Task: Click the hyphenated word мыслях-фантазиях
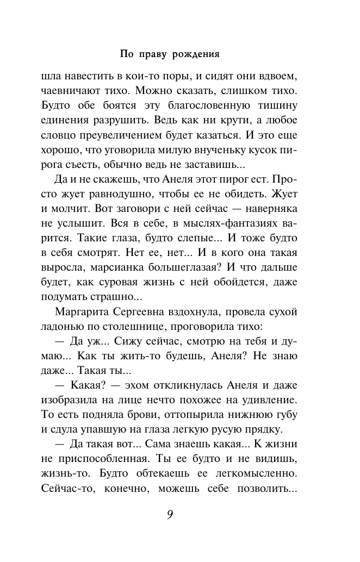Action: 230,224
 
